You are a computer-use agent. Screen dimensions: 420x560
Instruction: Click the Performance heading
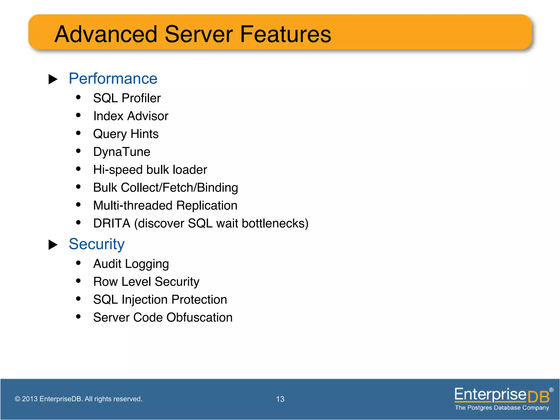pyautogui.click(x=113, y=79)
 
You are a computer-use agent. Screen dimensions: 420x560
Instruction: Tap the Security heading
pyautogui.click(x=97, y=244)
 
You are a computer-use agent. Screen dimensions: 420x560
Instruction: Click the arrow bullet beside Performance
pyautogui.click(x=53, y=79)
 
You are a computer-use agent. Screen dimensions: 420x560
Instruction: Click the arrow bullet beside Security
pyautogui.click(x=53, y=245)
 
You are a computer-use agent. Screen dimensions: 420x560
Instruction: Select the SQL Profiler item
pyautogui.click(x=127, y=98)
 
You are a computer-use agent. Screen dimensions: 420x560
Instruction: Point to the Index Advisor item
pyautogui.click(x=131, y=116)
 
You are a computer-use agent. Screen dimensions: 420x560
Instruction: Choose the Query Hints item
pyautogui.click(x=126, y=134)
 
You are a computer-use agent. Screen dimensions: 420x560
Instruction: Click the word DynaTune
pyautogui.click(x=122, y=152)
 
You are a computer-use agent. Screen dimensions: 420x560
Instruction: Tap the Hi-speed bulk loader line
pyautogui.click(x=150, y=170)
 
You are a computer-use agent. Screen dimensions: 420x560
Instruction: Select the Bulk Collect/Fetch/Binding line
pyautogui.click(x=165, y=188)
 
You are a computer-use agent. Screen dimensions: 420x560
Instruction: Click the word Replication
pyautogui.click(x=207, y=206)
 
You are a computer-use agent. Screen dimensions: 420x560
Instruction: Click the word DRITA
pyautogui.click(x=112, y=223)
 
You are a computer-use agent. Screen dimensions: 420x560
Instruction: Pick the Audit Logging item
pyautogui.click(x=131, y=264)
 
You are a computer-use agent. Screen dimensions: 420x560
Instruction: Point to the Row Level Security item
pyautogui.click(x=146, y=282)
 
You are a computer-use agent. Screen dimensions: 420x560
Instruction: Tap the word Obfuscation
pyautogui.click(x=199, y=317)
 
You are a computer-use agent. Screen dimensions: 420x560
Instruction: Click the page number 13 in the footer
pyautogui.click(x=280, y=399)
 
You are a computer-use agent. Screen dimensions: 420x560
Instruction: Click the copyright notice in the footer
pyautogui.click(x=78, y=399)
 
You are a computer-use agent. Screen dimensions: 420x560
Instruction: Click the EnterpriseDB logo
pyautogui.click(x=502, y=398)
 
